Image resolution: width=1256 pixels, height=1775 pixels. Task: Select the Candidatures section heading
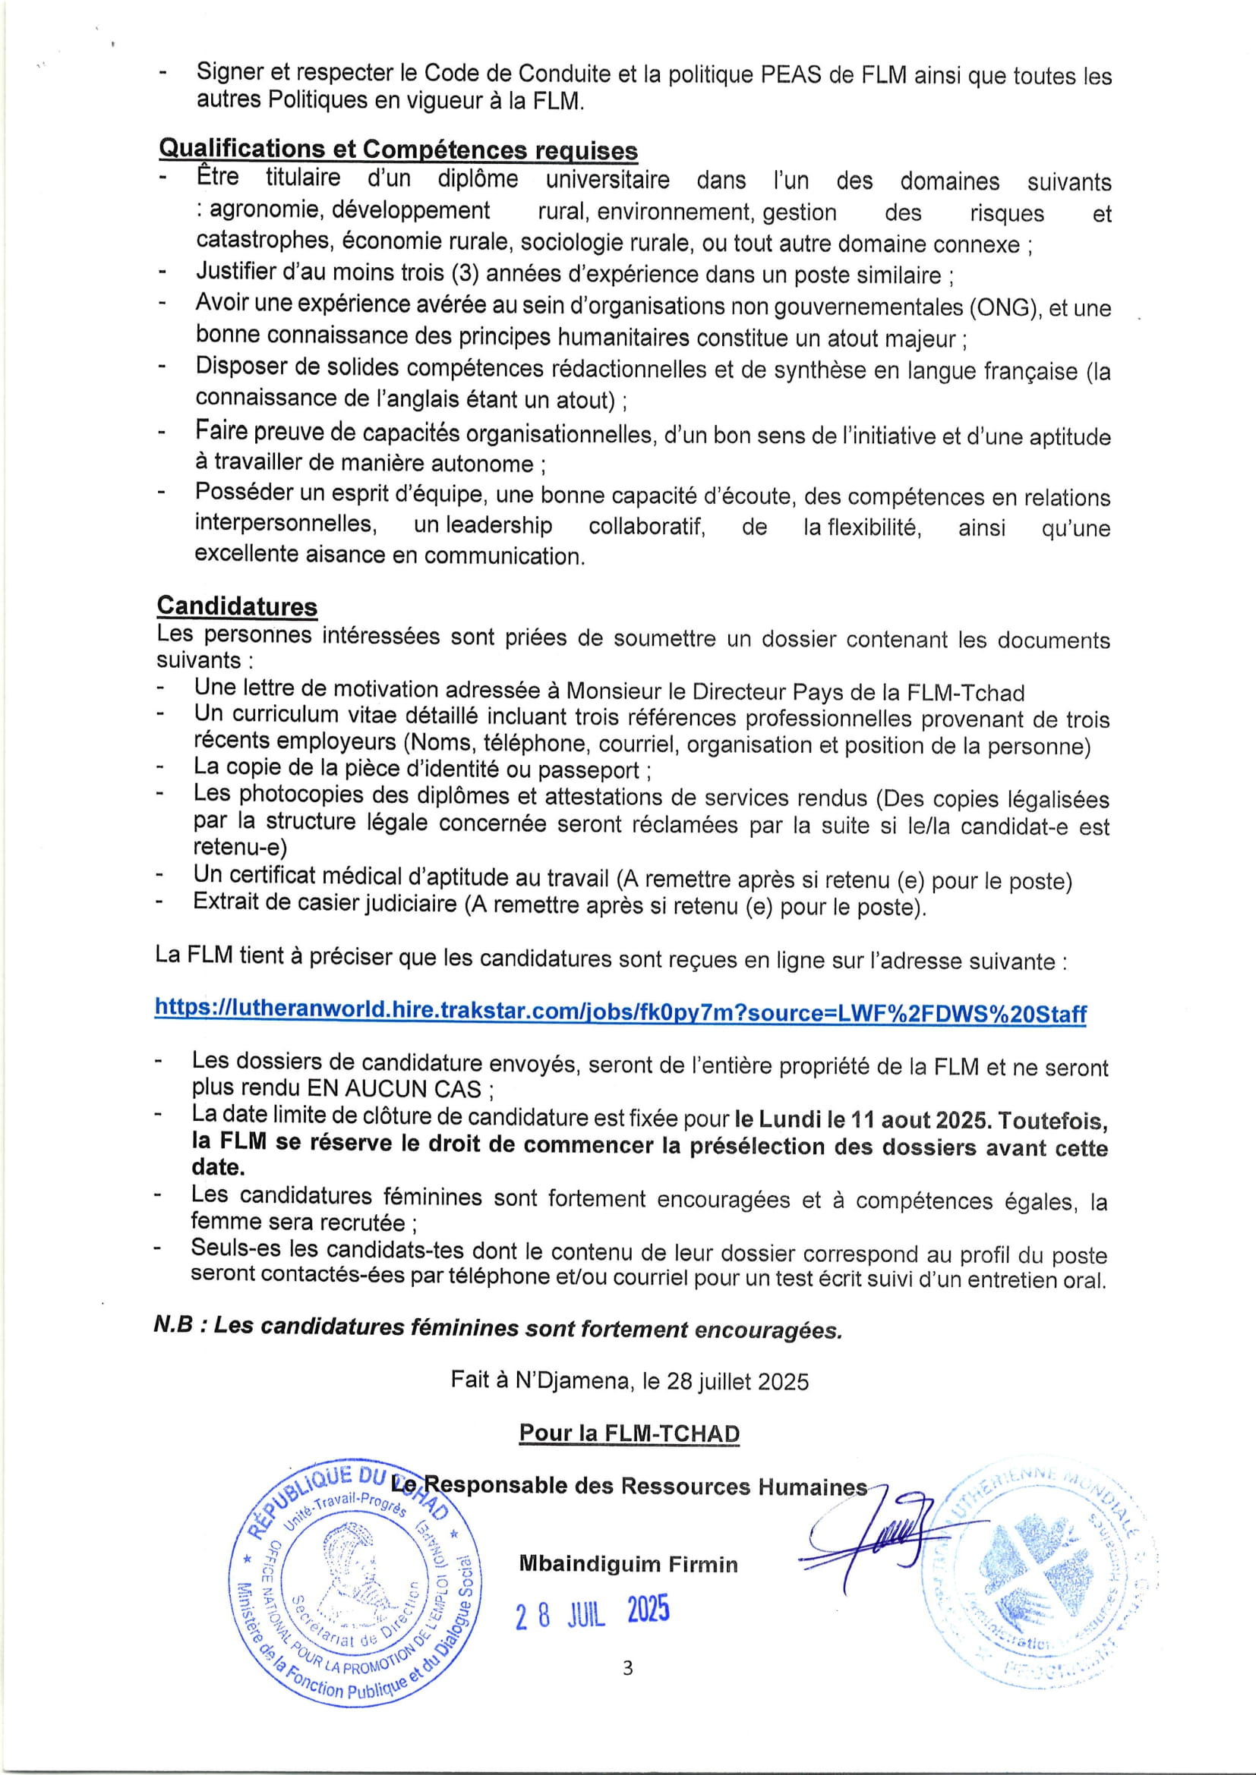pyautogui.click(x=237, y=606)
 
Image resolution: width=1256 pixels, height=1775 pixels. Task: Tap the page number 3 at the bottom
pyautogui.click(x=627, y=1668)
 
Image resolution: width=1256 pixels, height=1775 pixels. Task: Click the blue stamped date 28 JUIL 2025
pyautogui.click(x=592, y=1612)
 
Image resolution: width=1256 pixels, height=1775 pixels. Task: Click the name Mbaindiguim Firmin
pyautogui.click(x=628, y=1564)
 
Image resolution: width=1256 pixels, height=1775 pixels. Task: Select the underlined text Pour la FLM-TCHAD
pyautogui.click(x=629, y=1433)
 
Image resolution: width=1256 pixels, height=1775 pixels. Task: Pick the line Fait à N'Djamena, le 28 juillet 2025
pyautogui.click(x=630, y=1380)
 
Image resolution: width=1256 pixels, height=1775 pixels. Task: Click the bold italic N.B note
pyautogui.click(x=497, y=1327)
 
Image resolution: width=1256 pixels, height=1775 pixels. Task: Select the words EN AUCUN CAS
pyautogui.click(x=394, y=1088)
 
